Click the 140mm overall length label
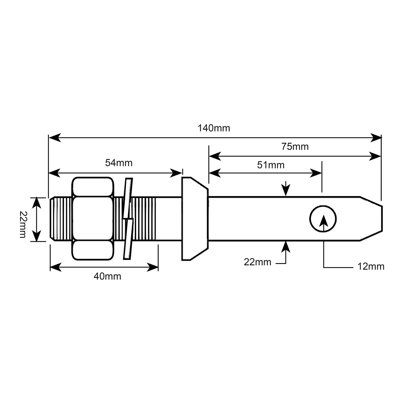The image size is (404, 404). click(214, 128)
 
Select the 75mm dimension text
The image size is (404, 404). click(295, 147)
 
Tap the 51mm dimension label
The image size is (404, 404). click(271, 165)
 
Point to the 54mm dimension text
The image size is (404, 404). click(119, 163)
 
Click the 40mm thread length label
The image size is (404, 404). click(107, 276)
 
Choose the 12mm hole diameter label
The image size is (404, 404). click(371, 266)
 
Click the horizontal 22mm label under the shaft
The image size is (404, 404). click(257, 262)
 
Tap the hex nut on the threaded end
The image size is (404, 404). click(93, 219)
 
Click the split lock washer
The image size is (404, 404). click(128, 219)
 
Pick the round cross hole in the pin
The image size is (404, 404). click(323, 218)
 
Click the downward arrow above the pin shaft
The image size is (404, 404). click(286, 190)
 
